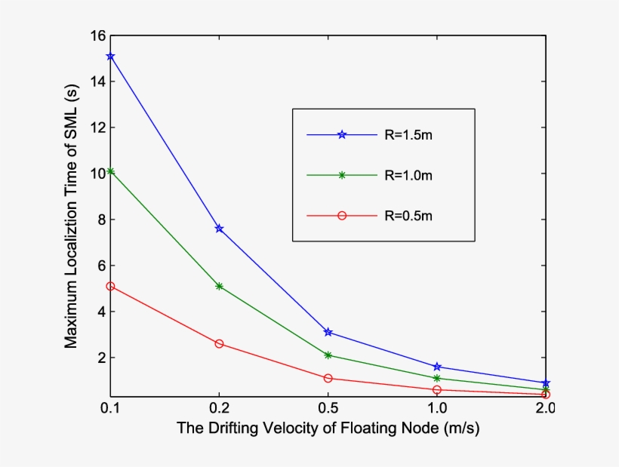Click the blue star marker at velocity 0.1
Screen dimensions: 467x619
pos(111,57)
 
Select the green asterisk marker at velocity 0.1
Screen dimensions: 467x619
pos(111,171)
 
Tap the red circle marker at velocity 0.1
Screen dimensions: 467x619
pos(111,286)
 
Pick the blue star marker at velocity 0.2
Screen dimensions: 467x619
pos(219,228)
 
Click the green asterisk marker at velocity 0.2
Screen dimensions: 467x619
pos(219,286)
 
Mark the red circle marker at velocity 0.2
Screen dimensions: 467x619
pos(219,343)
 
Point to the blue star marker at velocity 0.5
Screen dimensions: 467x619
pos(328,332)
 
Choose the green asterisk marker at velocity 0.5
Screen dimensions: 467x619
pos(328,355)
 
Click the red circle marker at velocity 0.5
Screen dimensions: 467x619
pos(328,378)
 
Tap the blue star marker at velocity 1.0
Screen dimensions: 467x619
pos(437,367)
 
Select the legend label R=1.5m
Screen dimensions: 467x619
pos(408,134)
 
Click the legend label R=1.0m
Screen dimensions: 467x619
pos(408,175)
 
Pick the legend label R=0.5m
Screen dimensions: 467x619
pos(408,216)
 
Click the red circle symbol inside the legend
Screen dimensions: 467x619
pos(341,216)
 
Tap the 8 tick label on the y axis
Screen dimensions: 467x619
pos(100,220)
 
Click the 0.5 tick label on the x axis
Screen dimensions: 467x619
pos(328,408)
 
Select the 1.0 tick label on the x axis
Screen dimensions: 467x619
pos(437,408)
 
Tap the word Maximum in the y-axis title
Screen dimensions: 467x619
pos(70,318)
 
